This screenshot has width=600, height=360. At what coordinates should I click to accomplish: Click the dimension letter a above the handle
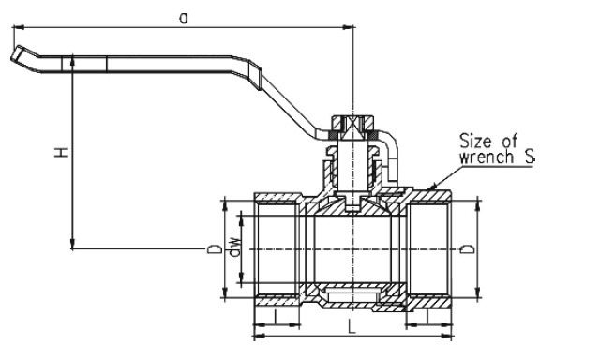184,18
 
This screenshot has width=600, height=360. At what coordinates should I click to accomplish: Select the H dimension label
61,152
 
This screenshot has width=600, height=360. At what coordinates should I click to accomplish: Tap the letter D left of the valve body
215,249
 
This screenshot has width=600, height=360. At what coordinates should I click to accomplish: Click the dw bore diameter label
234,247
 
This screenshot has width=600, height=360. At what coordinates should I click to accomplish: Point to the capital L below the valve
352,327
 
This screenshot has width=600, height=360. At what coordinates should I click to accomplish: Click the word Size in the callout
475,141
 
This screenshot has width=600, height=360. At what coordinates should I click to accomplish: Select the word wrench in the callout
486,157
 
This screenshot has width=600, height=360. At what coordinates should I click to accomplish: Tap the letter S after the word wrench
529,157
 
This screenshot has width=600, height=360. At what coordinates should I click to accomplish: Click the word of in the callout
509,141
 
